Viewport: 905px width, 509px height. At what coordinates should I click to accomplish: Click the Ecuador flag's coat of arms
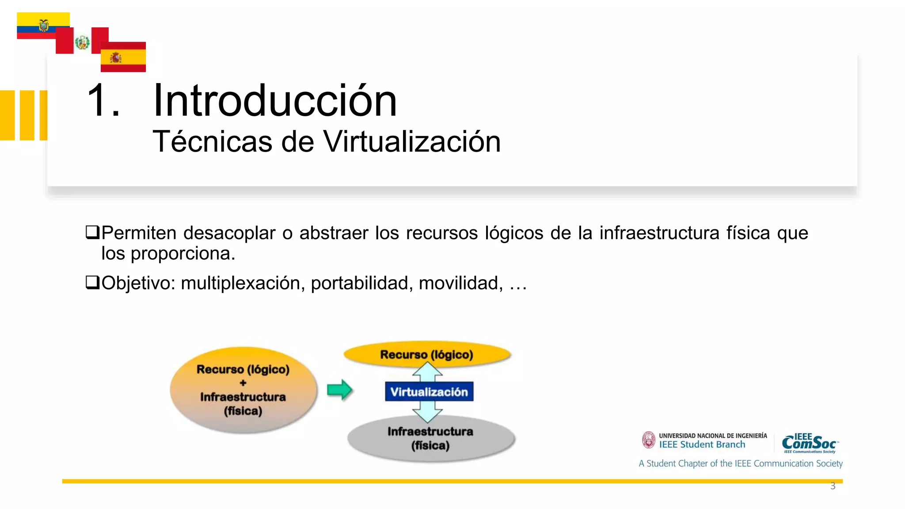click(x=43, y=26)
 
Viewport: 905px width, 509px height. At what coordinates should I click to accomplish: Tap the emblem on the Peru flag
click(x=82, y=42)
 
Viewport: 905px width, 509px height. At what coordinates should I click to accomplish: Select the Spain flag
click(x=123, y=57)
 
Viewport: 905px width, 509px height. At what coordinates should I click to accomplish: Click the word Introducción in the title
click(x=274, y=101)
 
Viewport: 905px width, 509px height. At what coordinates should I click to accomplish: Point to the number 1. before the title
click(x=103, y=101)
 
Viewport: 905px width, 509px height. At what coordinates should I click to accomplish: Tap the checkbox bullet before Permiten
click(x=92, y=232)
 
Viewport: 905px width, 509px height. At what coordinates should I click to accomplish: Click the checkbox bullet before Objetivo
click(x=92, y=282)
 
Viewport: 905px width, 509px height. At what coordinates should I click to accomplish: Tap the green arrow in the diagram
click(x=339, y=390)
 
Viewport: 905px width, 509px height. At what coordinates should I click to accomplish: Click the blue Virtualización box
click(x=429, y=392)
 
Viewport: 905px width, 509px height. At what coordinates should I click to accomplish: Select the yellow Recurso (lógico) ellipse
click(x=427, y=354)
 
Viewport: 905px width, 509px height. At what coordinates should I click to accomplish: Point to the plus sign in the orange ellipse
click(x=243, y=383)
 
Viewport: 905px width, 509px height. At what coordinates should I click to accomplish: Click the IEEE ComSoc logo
click(x=810, y=443)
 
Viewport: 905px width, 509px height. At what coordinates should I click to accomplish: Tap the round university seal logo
click(x=648, y=440)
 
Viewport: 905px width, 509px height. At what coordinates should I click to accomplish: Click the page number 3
click(x=833, y=486)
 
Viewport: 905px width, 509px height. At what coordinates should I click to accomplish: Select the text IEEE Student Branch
click(x=702, y=445)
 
